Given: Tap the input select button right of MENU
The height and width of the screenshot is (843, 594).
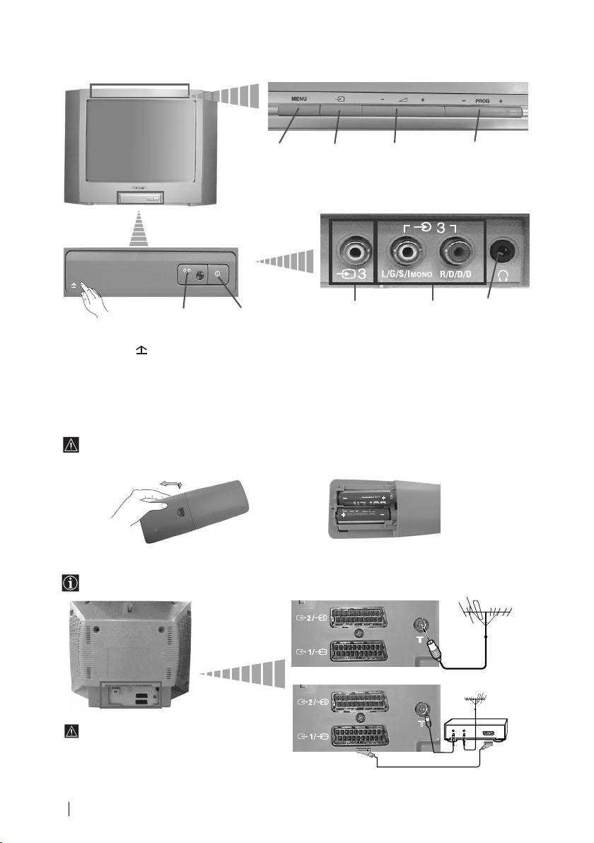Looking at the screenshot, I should click(x=340, y=110).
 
